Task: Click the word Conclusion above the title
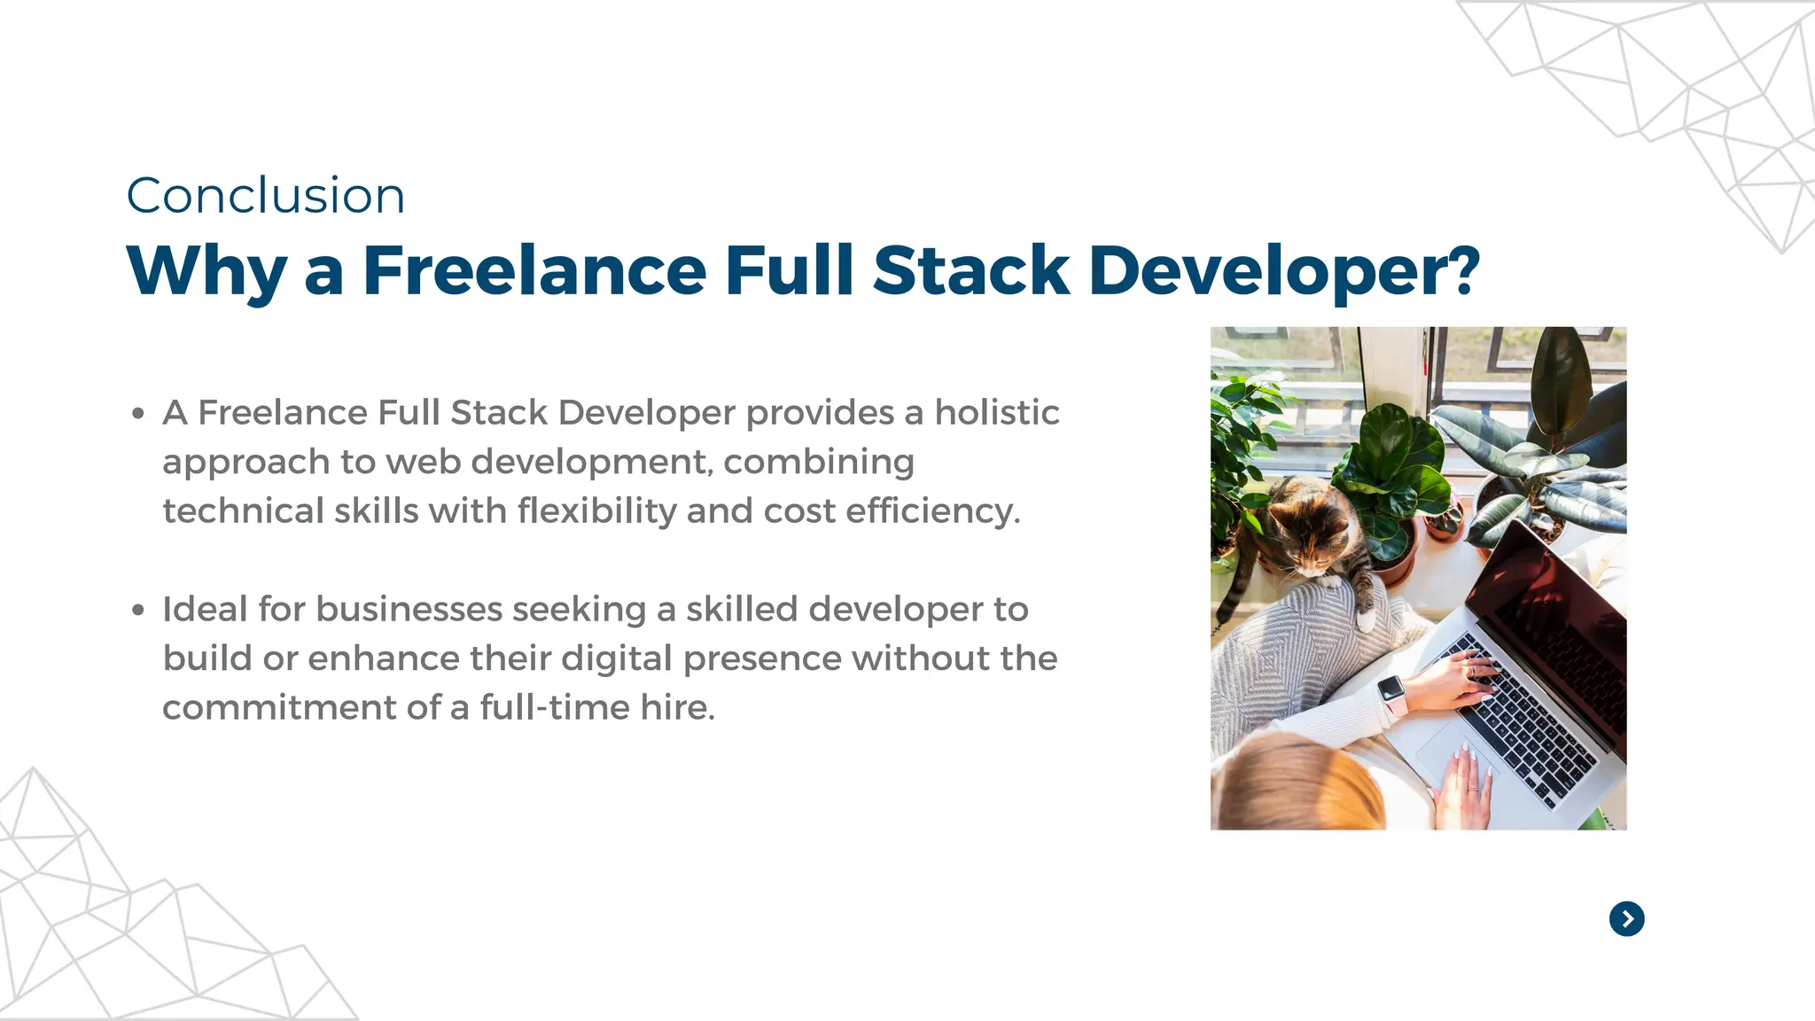(266, 196)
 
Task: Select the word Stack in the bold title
(971, 270)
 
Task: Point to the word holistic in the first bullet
(997, 413)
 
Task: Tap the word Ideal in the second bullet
(205, 610)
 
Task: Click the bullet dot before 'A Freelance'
(138, 414)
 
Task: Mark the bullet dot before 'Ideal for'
(138, 611)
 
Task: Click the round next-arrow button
(1626, 919)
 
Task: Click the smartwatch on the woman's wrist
(1392, 691)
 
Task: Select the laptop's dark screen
(1560, 620)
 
